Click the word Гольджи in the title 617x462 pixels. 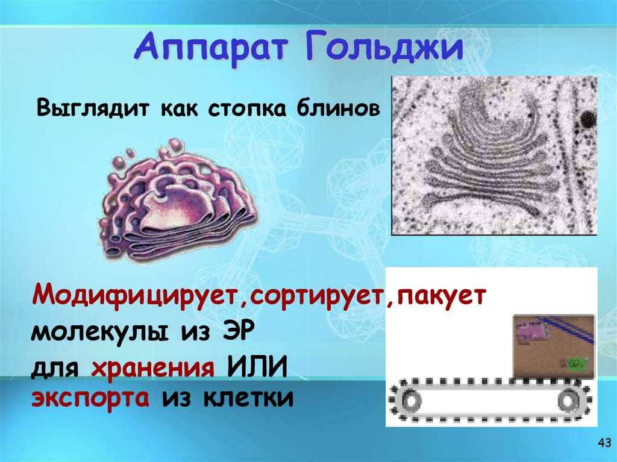pyautogui.click(x=378, y=49)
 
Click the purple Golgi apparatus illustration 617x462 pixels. pyautogui.click(x=178, y=202)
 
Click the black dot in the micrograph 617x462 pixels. pyautogui.click(x=585, y=119)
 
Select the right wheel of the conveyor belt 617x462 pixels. pyautogui.click(x=568, y=399)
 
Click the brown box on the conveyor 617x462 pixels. pyautogui.click(x=553, y=346)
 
